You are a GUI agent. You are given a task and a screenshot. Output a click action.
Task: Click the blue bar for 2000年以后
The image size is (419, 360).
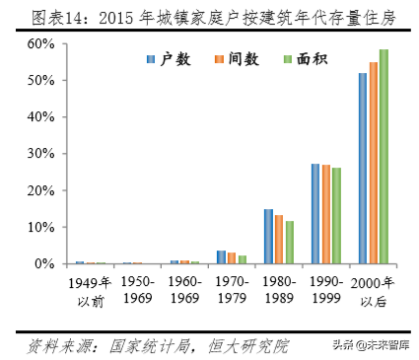(363, 169)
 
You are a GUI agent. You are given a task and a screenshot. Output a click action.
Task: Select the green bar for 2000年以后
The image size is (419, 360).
(384, 157)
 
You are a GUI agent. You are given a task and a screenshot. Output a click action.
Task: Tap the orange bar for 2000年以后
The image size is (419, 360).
(374, 163)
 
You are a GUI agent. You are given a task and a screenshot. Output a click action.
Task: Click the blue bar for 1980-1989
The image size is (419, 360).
(268, 237)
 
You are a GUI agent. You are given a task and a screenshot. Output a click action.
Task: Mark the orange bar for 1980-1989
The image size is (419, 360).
(279, 240)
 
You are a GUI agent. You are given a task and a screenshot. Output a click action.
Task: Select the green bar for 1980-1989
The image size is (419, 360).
(290, 243)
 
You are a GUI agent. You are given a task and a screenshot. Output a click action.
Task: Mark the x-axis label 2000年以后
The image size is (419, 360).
(373, 288)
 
